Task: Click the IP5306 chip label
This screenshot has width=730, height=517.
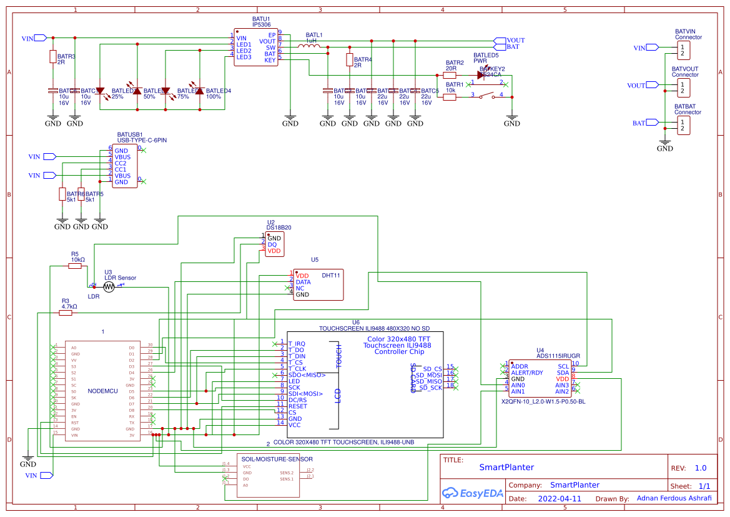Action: point(261,24)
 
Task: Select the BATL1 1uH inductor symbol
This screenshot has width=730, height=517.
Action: point(308,47)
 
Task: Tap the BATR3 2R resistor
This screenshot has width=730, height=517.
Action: point(52,57)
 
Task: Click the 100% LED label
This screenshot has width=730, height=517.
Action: point(214,97)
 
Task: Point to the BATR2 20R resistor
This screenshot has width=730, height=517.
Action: point(450,74)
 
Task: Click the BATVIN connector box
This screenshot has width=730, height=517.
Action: point(685,49)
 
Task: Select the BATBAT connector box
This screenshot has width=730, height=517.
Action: point(685,126)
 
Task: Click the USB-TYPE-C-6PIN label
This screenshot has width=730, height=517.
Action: point(142,141)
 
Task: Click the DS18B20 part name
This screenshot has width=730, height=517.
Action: point(279,228)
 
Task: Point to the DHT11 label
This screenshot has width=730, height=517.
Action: point(331,275)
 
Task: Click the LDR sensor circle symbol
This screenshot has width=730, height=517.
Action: point(109,287)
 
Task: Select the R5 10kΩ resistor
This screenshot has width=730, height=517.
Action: point(75,266)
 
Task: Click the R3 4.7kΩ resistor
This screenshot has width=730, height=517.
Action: point(66,313)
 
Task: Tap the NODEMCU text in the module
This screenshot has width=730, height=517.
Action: point(102,391)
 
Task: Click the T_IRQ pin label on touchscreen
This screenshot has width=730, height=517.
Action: point(297,343)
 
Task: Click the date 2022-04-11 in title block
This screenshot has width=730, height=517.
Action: point(559,499)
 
